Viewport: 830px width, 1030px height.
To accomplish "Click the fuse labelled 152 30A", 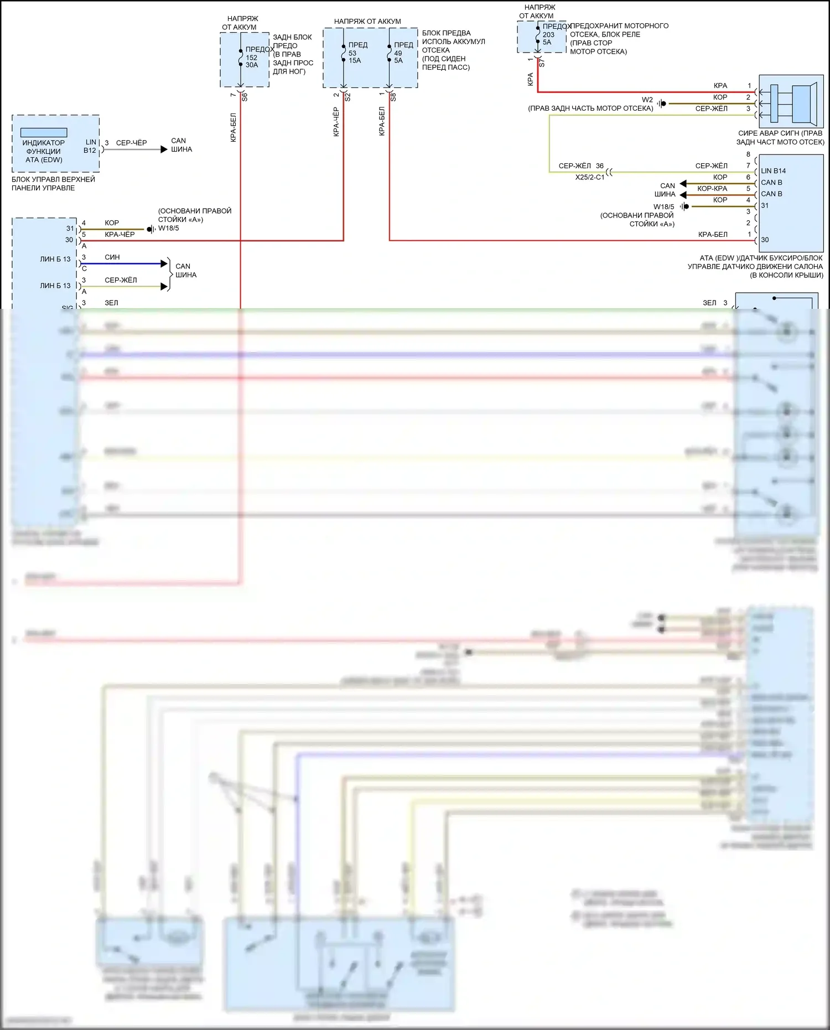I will pyautogui.click(x=241, y=58).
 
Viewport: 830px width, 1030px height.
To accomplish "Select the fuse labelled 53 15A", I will pyautogui.click(x=344, y=53).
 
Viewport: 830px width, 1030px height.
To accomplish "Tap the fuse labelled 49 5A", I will pyautogui.click(x=390, y=53).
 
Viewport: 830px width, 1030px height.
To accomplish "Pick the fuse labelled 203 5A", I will pyautogui.click(x=538, y=34).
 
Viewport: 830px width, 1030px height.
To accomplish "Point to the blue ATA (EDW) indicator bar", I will pyautogui.click(x=44, y=133).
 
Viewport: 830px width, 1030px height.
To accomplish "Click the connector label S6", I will pyautogui.click(x=245, y=97).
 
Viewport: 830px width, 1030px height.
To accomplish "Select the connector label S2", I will pyautogui.click(x=347, y=97).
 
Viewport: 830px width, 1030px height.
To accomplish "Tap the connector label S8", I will pyautogui.click(x=393, y=97).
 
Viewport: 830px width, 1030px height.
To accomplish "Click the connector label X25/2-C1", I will pyautogui.click(x=589, y=178).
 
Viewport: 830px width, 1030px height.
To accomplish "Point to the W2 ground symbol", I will pyautogui.click(x=662, y=103).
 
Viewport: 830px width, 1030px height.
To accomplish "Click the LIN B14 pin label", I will pyautogui.click(x=773, y=171).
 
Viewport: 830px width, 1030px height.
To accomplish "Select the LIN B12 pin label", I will pyautogui.click(x=90, y=146).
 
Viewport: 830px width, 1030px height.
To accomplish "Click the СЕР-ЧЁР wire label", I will pyautogui.click(x=131, y=143).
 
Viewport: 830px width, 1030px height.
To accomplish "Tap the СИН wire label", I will pyautogui.click(x=112, y=257).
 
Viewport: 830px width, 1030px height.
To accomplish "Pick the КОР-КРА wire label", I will pyautogui.click(x=712, y=189).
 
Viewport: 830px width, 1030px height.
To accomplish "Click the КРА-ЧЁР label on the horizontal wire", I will pyautogui.click(x=120, y=235).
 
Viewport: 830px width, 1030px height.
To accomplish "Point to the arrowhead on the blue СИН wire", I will pyautogui.click(x=164, y=263).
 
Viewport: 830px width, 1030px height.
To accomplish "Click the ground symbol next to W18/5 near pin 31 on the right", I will pyautogui.click(x=685, y=206).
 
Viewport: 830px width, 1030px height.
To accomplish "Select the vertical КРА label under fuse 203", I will pyautogui.click(x=531, y=79).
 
